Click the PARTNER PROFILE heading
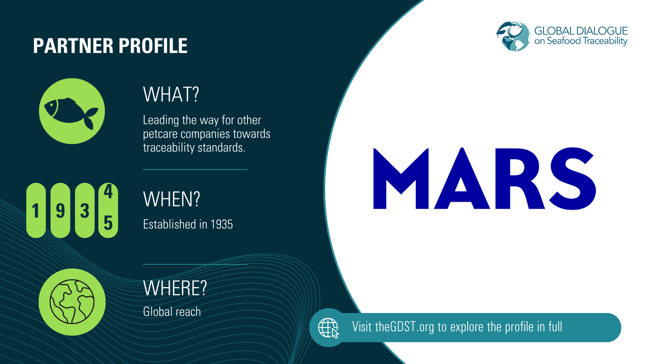tap(110, 46)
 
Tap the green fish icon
tap(72, 111)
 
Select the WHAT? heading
tap(171, 95)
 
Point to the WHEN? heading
tap(171, 199)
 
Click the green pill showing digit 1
tap(36, 210)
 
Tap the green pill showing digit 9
tap(60, 210)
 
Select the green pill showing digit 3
tap(85, 210)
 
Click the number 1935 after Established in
tap(222, 224)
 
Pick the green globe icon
tap(72, 302)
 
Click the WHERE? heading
tap(175, 288)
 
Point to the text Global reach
tap(172, 312)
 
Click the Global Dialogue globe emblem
tap(513, 36)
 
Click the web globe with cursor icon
tap(328, 328)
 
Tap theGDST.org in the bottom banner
tap(404, 327)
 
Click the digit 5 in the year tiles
tap(108, 223)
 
